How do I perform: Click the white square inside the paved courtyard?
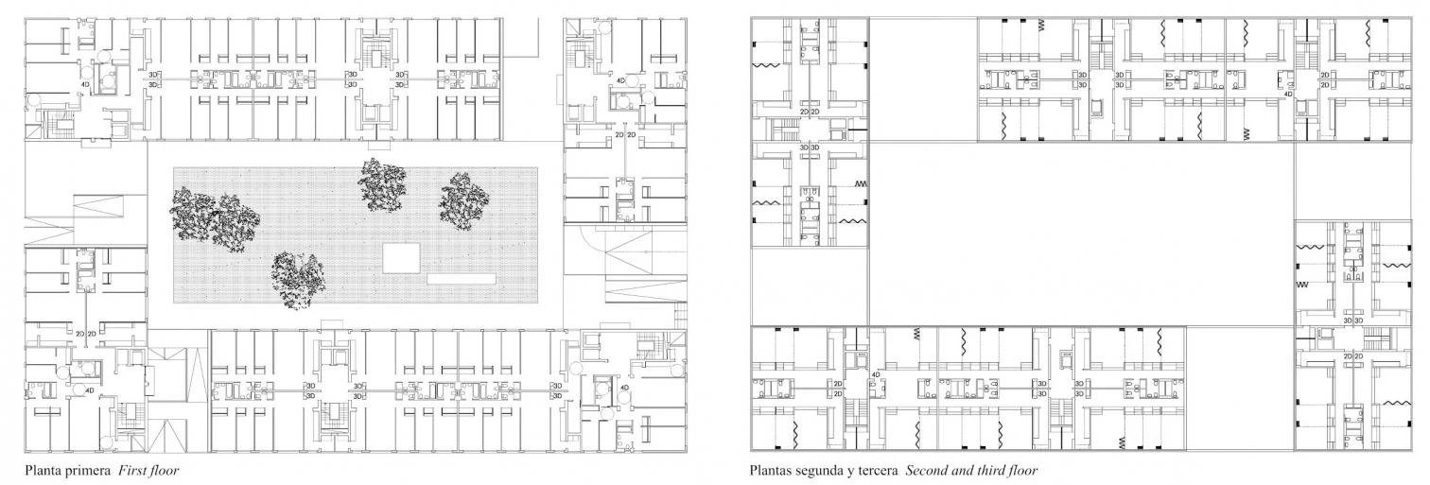402,258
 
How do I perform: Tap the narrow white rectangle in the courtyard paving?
462,279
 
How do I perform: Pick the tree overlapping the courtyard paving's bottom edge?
298,281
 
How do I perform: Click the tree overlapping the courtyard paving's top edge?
382,184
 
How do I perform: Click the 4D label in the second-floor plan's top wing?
1288,94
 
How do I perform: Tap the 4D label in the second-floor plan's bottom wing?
876,374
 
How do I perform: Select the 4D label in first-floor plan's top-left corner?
85,83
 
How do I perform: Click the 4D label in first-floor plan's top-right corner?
620,80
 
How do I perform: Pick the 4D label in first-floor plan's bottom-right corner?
624,388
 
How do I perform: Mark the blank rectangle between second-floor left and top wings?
923,79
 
